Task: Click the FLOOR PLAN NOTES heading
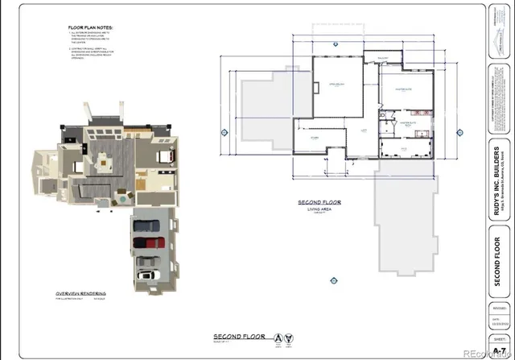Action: click(x=91, y=27)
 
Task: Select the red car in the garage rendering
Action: click(x=147, y=242)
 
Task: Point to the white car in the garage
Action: click(x=147, y=275)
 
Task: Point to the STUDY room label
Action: click(x=314, y=138)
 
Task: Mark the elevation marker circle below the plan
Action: click(x=332, y=279)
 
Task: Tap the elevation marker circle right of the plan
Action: click(x=459, y=130)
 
